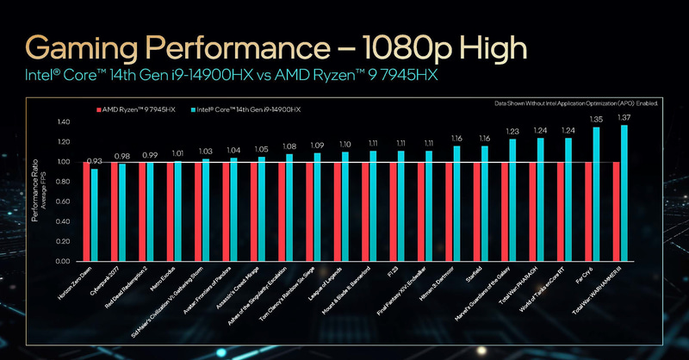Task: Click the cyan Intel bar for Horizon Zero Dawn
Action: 95,214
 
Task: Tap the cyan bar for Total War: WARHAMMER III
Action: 624,193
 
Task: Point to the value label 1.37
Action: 624,116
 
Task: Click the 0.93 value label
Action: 95,161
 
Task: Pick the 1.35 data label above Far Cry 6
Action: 596,120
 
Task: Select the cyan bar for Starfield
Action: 485,203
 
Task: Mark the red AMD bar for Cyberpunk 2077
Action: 115,211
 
